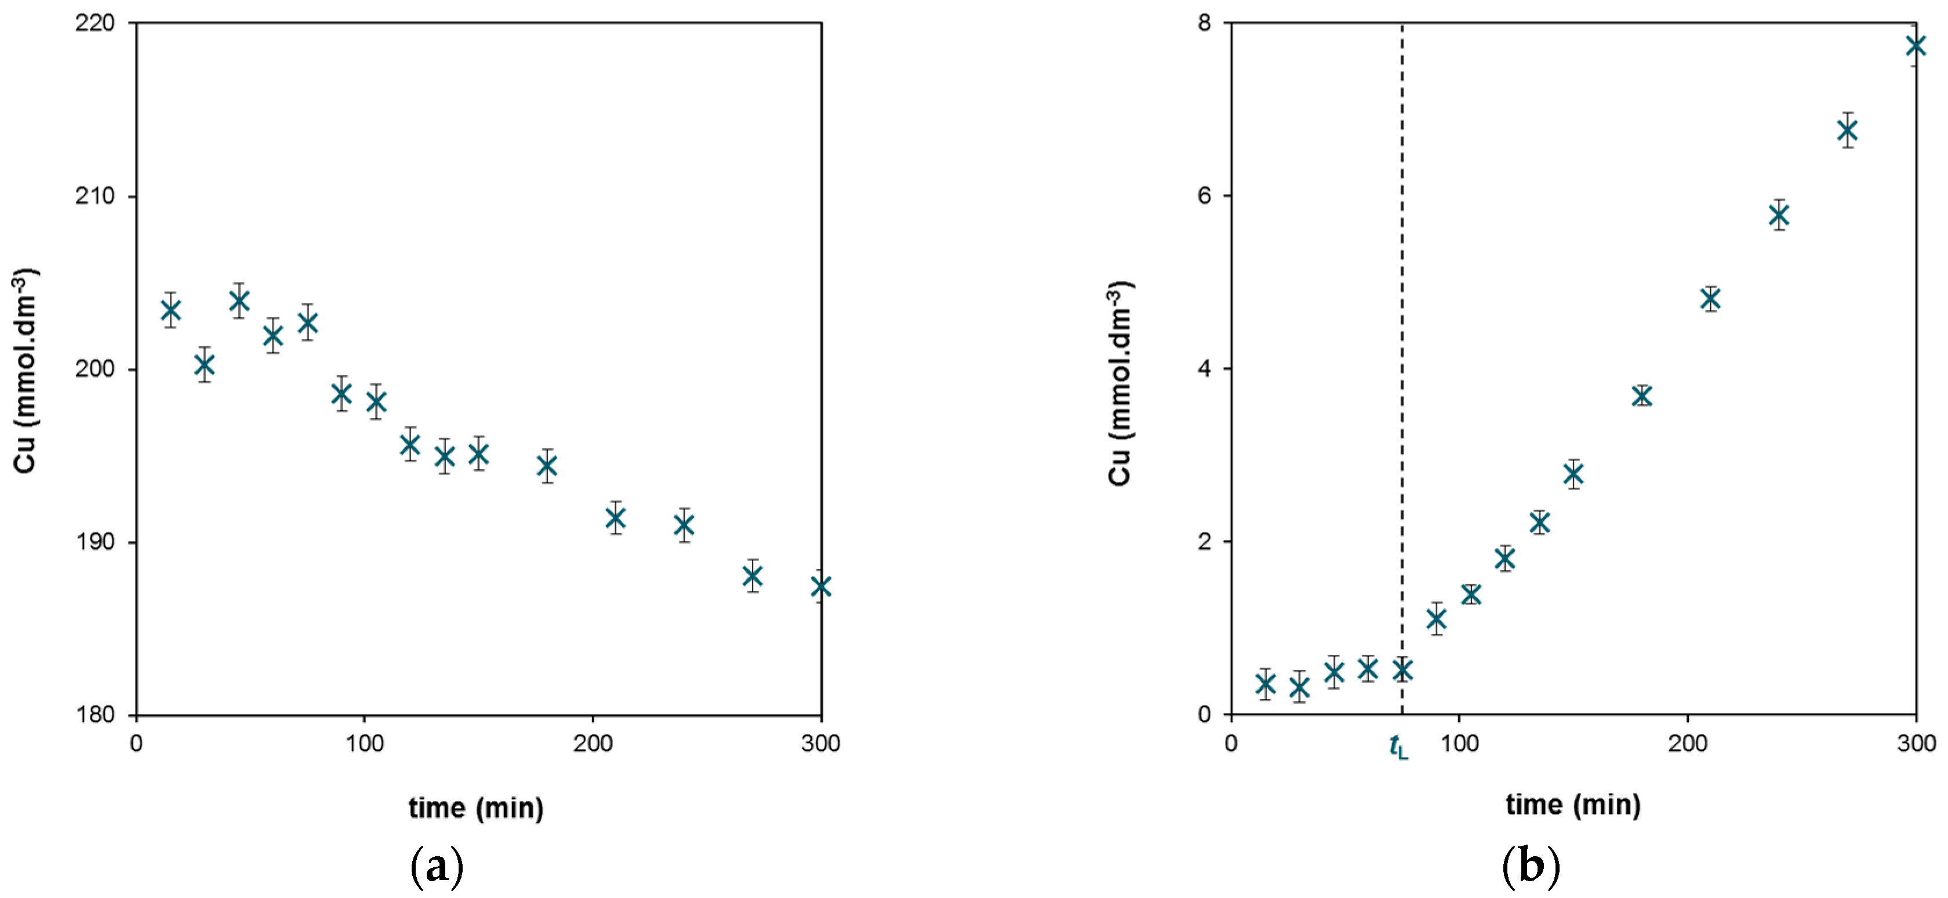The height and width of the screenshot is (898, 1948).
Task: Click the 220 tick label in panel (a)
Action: (95, 23)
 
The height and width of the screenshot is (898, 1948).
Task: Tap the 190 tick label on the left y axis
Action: (95, 542)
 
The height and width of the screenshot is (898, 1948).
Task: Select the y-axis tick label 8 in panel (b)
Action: (1205, 23)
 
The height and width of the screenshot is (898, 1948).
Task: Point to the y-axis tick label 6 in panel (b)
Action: (1205, 196)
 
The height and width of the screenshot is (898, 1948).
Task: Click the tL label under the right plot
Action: (1399, 747)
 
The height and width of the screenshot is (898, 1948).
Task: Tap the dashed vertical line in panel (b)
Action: (1402, 368)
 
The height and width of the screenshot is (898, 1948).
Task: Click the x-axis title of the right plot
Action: (1573, 804)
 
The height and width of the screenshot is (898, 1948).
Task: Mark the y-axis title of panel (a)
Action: (25, 371)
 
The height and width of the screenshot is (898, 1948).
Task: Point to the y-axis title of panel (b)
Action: (1120, 382)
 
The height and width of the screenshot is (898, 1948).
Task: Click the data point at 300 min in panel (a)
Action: (820, 586)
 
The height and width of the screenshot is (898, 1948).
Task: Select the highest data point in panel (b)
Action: (1916, 45)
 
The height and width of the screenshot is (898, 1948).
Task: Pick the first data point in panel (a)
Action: (171, 310)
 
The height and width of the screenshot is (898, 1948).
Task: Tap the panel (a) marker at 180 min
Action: (547, 466)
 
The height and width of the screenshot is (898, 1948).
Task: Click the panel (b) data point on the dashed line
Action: (1402, 669)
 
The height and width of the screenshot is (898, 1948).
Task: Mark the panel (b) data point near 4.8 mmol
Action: (1710, 299)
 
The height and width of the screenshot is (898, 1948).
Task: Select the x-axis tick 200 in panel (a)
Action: (593, 744)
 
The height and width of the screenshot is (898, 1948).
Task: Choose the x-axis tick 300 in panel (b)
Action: (1916, 744)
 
